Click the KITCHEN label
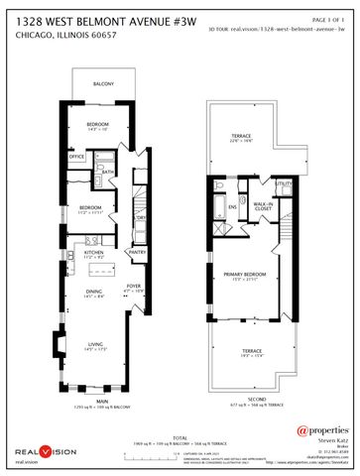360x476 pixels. pos(94,253)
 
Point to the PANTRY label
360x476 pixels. pos(137,252)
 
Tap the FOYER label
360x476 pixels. pos(134,287)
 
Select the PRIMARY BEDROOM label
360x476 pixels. pos(243,277)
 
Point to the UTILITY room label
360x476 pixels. pos(283,183)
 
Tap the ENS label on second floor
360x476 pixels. pos(233,207)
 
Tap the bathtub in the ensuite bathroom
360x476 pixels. pos(217,205)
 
